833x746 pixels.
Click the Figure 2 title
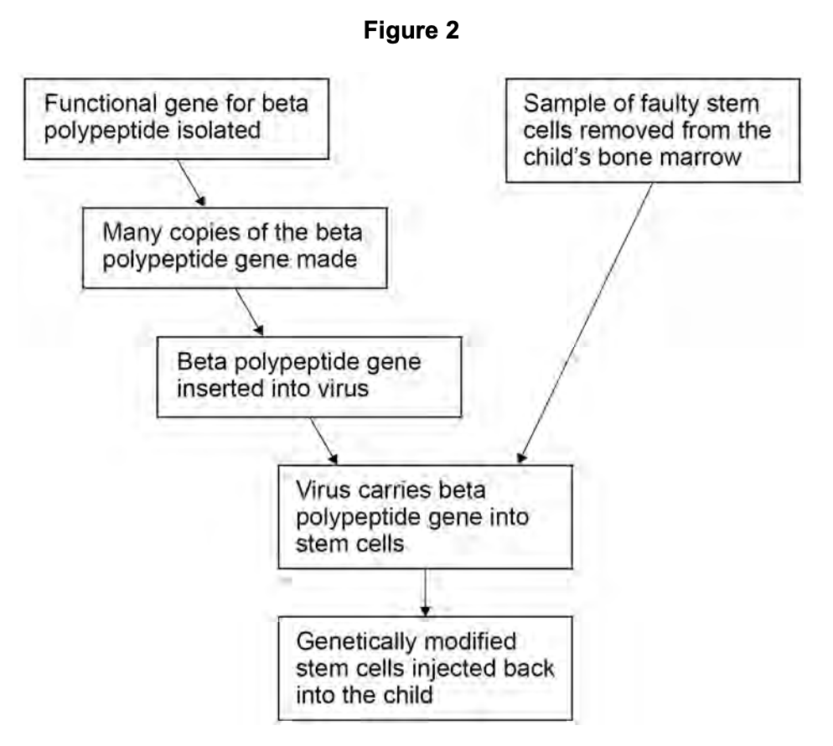click(411, 31)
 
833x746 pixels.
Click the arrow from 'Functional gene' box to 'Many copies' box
click(189, 180)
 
